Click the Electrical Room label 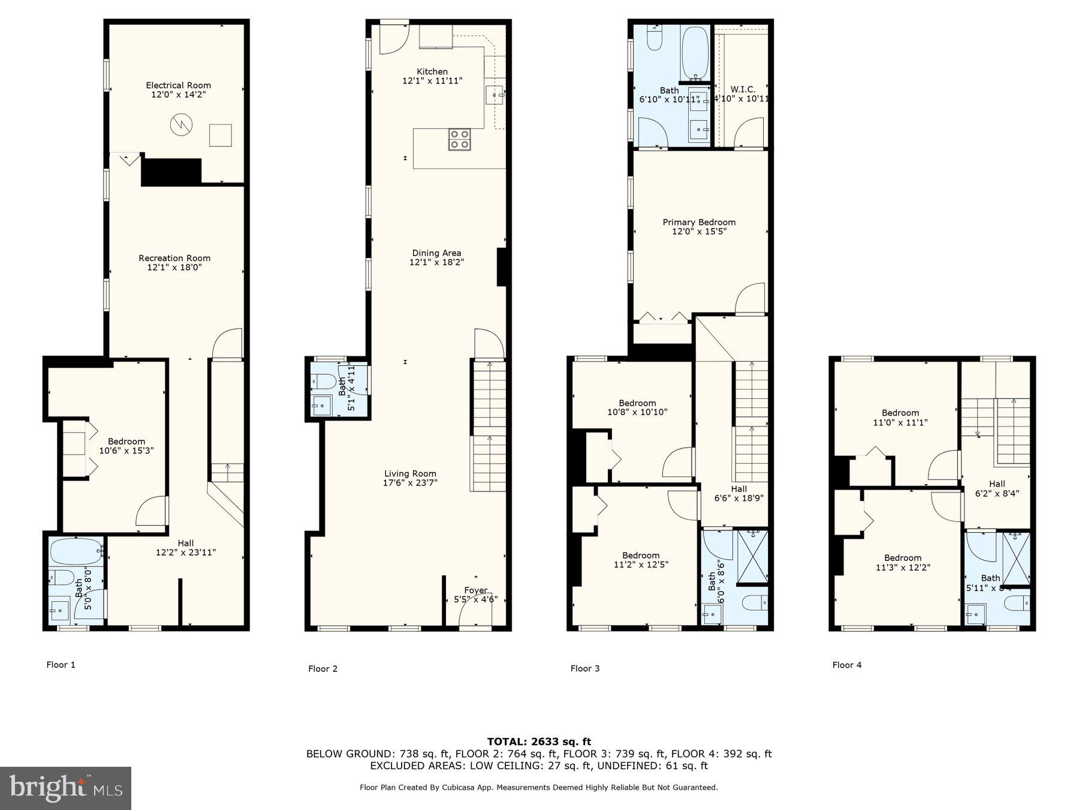tap(178, 85)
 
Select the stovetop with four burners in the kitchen tap(459, 140)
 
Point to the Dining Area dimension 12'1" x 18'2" tap(436, 262)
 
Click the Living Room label tap(410, 473)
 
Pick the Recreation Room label tap(174, 258)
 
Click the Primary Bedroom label tap(699, 222)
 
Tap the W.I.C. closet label tap(743, 89)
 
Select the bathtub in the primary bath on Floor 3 tap(695, 52)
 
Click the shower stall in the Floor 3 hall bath tap(752, 556)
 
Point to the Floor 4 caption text tap(846, 665)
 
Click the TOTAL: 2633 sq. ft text tap(539, 742)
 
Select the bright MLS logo tap(65, 788)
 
